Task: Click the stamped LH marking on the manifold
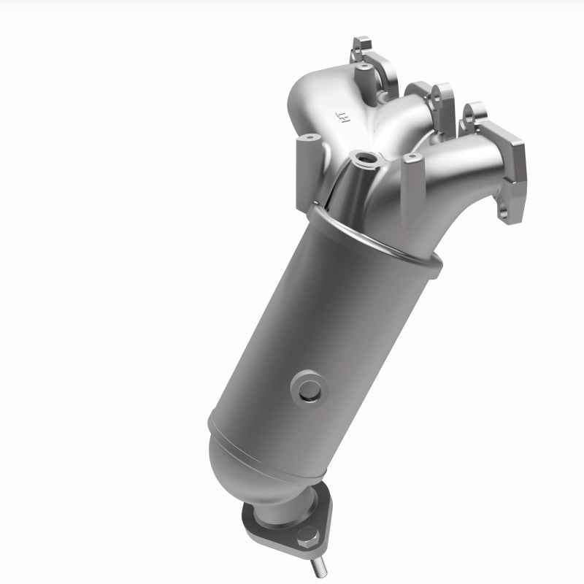coord(340,115)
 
